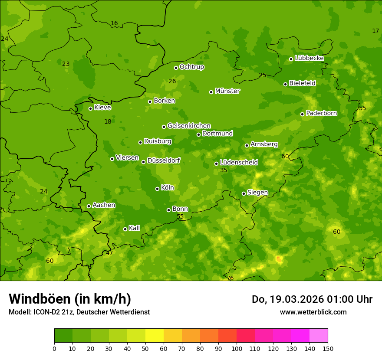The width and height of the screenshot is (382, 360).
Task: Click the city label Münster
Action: coord(227,91)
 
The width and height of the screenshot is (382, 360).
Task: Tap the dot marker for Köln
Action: coord(157,189)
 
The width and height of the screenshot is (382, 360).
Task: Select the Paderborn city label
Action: coord(321,113)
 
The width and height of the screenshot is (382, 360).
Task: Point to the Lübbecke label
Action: coord(309,58)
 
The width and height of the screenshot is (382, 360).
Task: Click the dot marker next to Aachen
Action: coord(89,206)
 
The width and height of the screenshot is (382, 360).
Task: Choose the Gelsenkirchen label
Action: coord(189,126)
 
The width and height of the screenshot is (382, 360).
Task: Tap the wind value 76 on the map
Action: coord(230,278)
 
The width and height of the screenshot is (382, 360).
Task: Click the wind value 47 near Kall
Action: coord(109,253)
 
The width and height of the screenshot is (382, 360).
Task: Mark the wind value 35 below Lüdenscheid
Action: coord(224,170)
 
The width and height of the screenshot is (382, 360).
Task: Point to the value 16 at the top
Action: coord(114,23)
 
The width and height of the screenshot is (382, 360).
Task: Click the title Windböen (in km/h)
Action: coord(70,299)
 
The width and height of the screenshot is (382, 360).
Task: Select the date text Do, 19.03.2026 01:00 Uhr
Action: coord(312,299)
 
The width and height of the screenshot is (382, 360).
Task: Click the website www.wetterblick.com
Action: coord(313,312)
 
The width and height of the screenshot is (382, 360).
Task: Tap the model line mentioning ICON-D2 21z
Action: coord(79,312)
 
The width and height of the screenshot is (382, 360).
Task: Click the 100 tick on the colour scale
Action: coord(237,348)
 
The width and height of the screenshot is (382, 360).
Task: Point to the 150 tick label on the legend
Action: coord(328,348)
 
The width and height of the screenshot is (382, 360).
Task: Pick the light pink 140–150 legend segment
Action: coord(319,336)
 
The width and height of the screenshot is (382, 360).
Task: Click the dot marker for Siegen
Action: coord(244,193)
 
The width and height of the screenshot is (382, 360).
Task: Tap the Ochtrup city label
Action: coord(191,67)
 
